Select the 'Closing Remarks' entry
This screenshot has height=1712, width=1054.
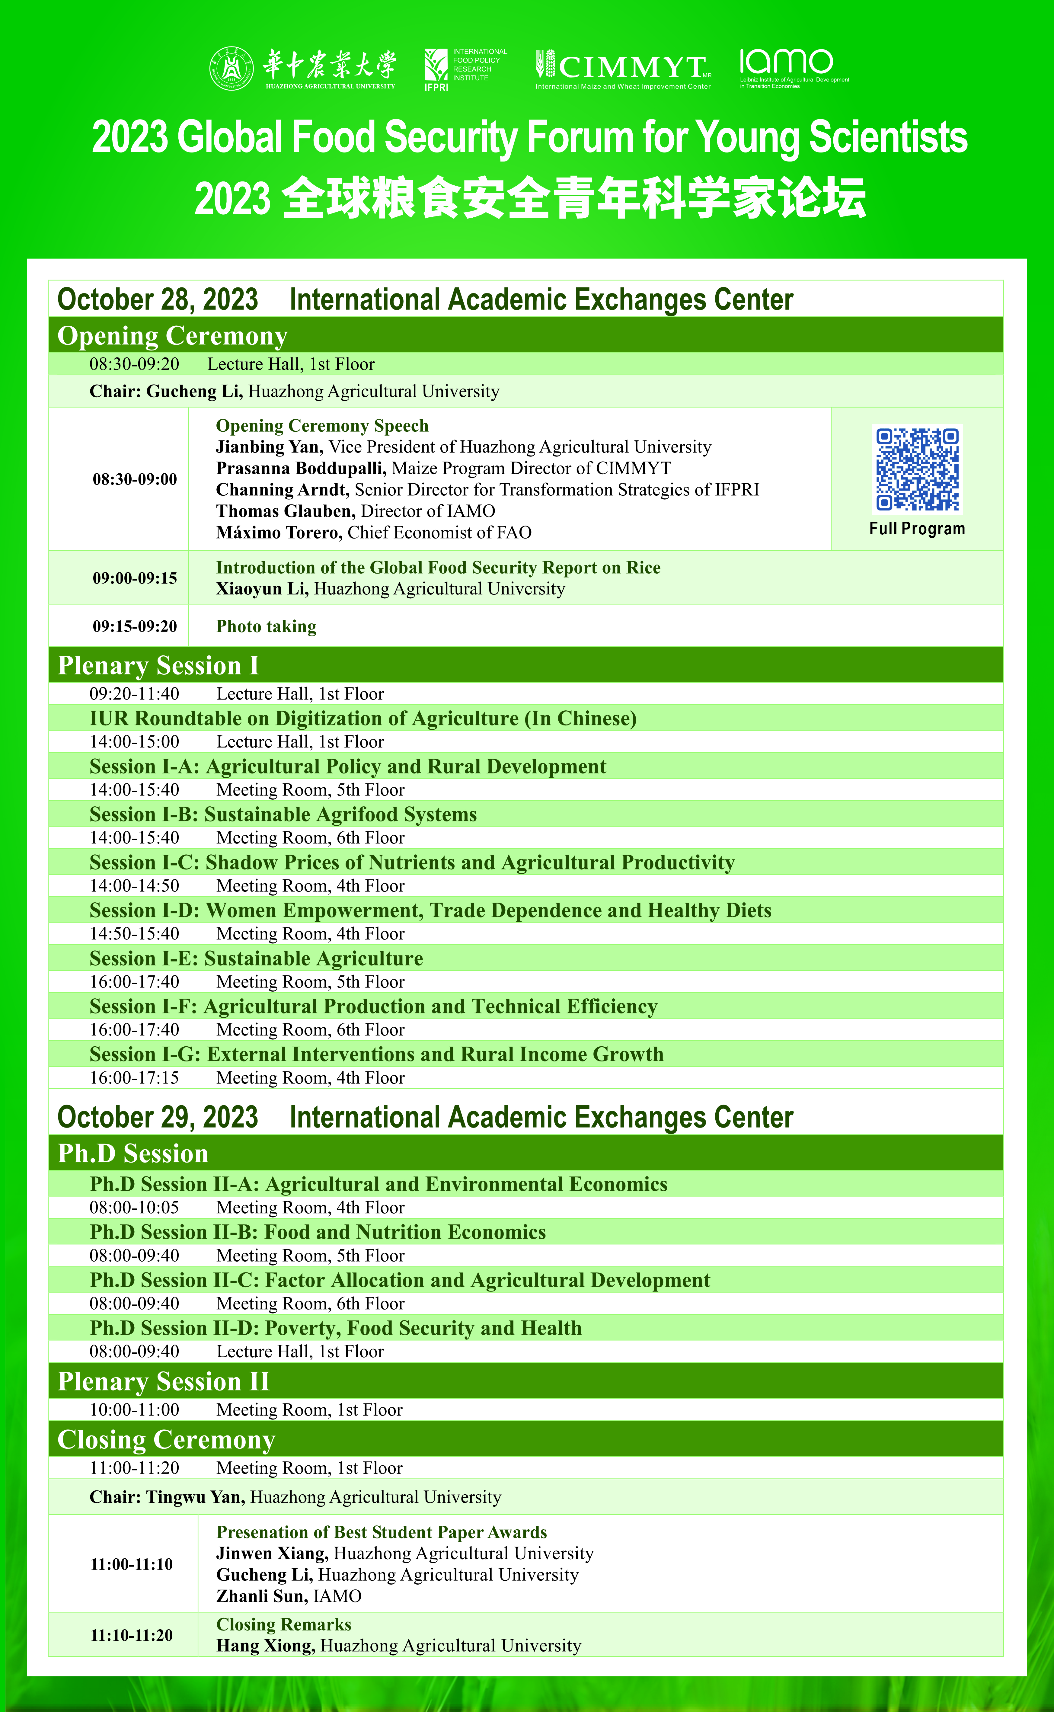(284, 1624)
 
